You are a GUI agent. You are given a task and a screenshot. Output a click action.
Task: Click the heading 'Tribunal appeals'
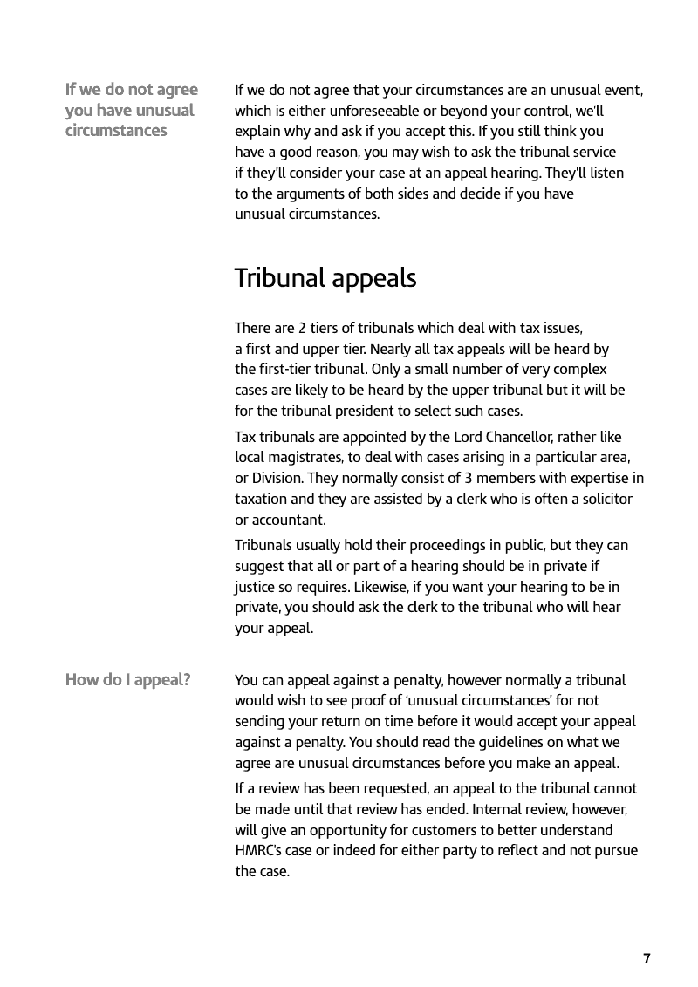click(x=325, y=279)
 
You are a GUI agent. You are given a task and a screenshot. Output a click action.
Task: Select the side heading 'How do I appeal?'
click(x=127, y=680)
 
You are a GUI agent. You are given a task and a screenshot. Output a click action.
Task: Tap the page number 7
click(x=647, y=959)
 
